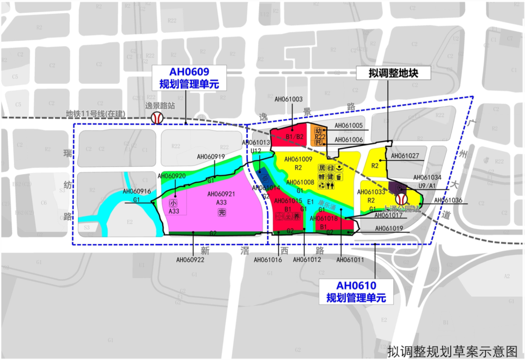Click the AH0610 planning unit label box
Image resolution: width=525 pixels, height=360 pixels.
(x=356, y=291)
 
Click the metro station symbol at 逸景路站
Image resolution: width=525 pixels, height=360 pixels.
(x=157, y=118)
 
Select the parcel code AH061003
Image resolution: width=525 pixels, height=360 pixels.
(x=288, y=99)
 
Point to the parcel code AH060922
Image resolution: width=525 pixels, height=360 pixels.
(x=190, y=260)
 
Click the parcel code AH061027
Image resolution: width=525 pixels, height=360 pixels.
(x=405, y=156)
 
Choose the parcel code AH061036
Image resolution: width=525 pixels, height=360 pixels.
(x=448, y=200)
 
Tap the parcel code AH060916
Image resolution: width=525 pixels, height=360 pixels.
(x=137, y=192)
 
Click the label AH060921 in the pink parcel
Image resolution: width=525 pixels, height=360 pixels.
(x=221, y=194)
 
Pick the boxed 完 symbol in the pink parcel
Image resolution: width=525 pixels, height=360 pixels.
(x=222, y=213)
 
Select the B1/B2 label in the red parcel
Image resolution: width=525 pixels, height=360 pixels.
(x=294, y=137)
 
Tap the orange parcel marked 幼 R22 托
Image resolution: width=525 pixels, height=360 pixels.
(x=319, y=136)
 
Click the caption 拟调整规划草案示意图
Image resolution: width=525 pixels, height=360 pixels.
(x=453, y=351)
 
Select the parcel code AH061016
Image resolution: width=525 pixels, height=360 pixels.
(x=268, y=260)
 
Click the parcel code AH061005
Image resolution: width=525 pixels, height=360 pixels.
(x=349, y=126)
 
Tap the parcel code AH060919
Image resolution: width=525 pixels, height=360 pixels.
(x=211, y=157)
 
